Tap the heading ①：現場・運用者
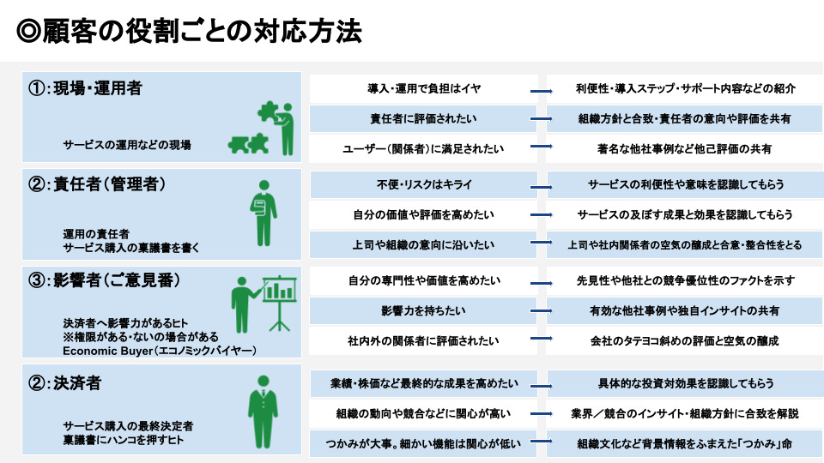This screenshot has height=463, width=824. tap(85, 88)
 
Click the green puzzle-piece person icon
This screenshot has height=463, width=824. tap(262, 129)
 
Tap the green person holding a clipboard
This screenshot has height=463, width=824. tap(262, 215)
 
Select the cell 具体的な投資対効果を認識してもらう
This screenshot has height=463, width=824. tap(685, 382)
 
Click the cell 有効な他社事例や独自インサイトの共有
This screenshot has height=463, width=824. tap(685, 310)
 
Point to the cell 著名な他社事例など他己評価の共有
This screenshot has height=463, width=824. tap(685, 148)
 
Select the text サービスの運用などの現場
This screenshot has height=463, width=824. tap(126, 145)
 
